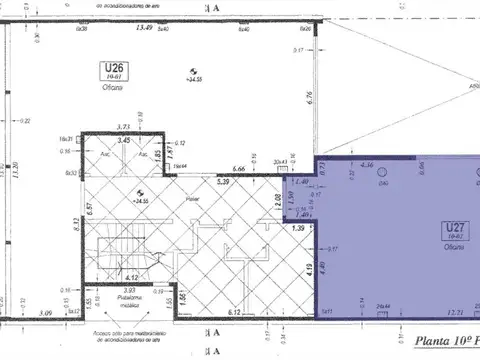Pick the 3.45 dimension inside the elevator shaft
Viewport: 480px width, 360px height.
click(126, 141)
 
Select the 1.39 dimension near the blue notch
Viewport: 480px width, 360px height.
click(298, 229)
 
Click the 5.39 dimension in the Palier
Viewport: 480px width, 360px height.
click(226, 183)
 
